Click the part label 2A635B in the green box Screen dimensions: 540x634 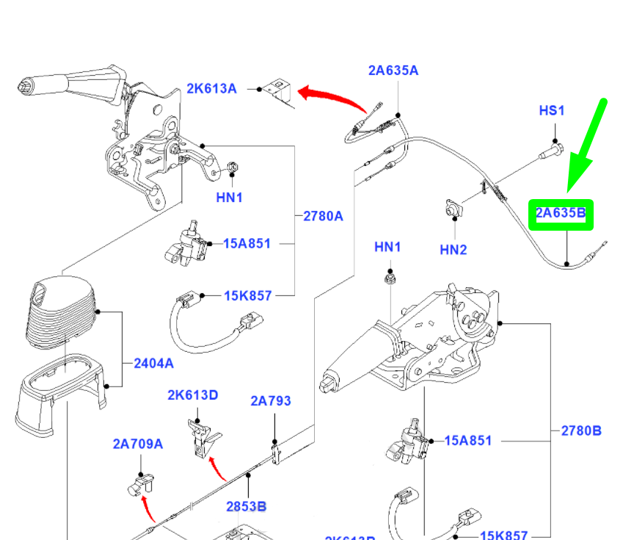(x=561, y=215)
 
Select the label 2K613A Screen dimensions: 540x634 (x=211, y=89)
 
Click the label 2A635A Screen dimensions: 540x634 (x=393, y=71)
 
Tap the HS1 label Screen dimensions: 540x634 (x=552, y=111)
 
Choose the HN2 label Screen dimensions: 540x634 (x=453, y=250)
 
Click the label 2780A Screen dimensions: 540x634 (x=324, y=216)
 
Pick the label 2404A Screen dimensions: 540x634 (x=154, y=363)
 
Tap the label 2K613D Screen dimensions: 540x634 (x=192, y=395)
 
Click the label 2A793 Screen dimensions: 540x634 (x=270, y=401)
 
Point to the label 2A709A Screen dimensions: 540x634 (x=138, y=444)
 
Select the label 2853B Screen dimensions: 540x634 (x=246, y=507)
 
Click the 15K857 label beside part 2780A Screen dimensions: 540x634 (x=247, y=296)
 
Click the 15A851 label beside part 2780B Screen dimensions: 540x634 (x=468, y=441)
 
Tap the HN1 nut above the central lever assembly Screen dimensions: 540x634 (x=389, y=279)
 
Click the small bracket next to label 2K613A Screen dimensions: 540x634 (x=280, y=92)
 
